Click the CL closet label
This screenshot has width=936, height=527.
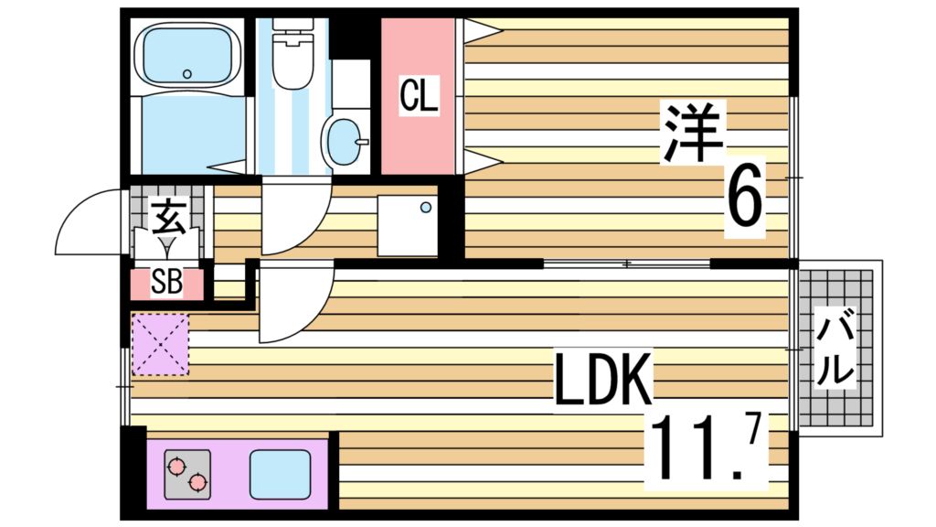pos(419,95)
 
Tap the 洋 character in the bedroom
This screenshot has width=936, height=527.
pos(695,132)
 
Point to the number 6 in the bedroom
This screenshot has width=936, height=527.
pos(744,203)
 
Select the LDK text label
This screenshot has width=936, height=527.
pos(603,381)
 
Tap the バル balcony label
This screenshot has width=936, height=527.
pos(835,350)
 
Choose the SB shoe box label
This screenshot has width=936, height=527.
pos(166,283)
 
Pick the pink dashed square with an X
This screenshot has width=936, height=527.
pos(160,344)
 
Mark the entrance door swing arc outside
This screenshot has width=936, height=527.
pos(87,224)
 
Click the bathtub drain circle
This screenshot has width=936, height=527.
pos(187,74)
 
